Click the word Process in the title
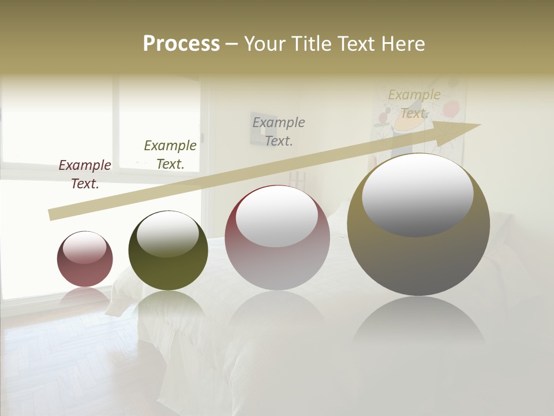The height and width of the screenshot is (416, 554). pyautogui.click(x=181, y=44)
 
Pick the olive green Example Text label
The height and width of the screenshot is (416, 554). pyautogui.click(x=170, y=155)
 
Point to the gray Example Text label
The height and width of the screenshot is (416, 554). pyautogui.click(x=279, y=132)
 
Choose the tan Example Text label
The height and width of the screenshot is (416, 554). pyautogui.click(x=414, y=104)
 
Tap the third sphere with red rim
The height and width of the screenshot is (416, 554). pyautogui.click(x=277, y=254)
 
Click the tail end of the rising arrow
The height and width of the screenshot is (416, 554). pyautogui.click(x=51, y=215)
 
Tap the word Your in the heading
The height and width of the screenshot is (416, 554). pyautogui.click(x=265, y=44)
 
